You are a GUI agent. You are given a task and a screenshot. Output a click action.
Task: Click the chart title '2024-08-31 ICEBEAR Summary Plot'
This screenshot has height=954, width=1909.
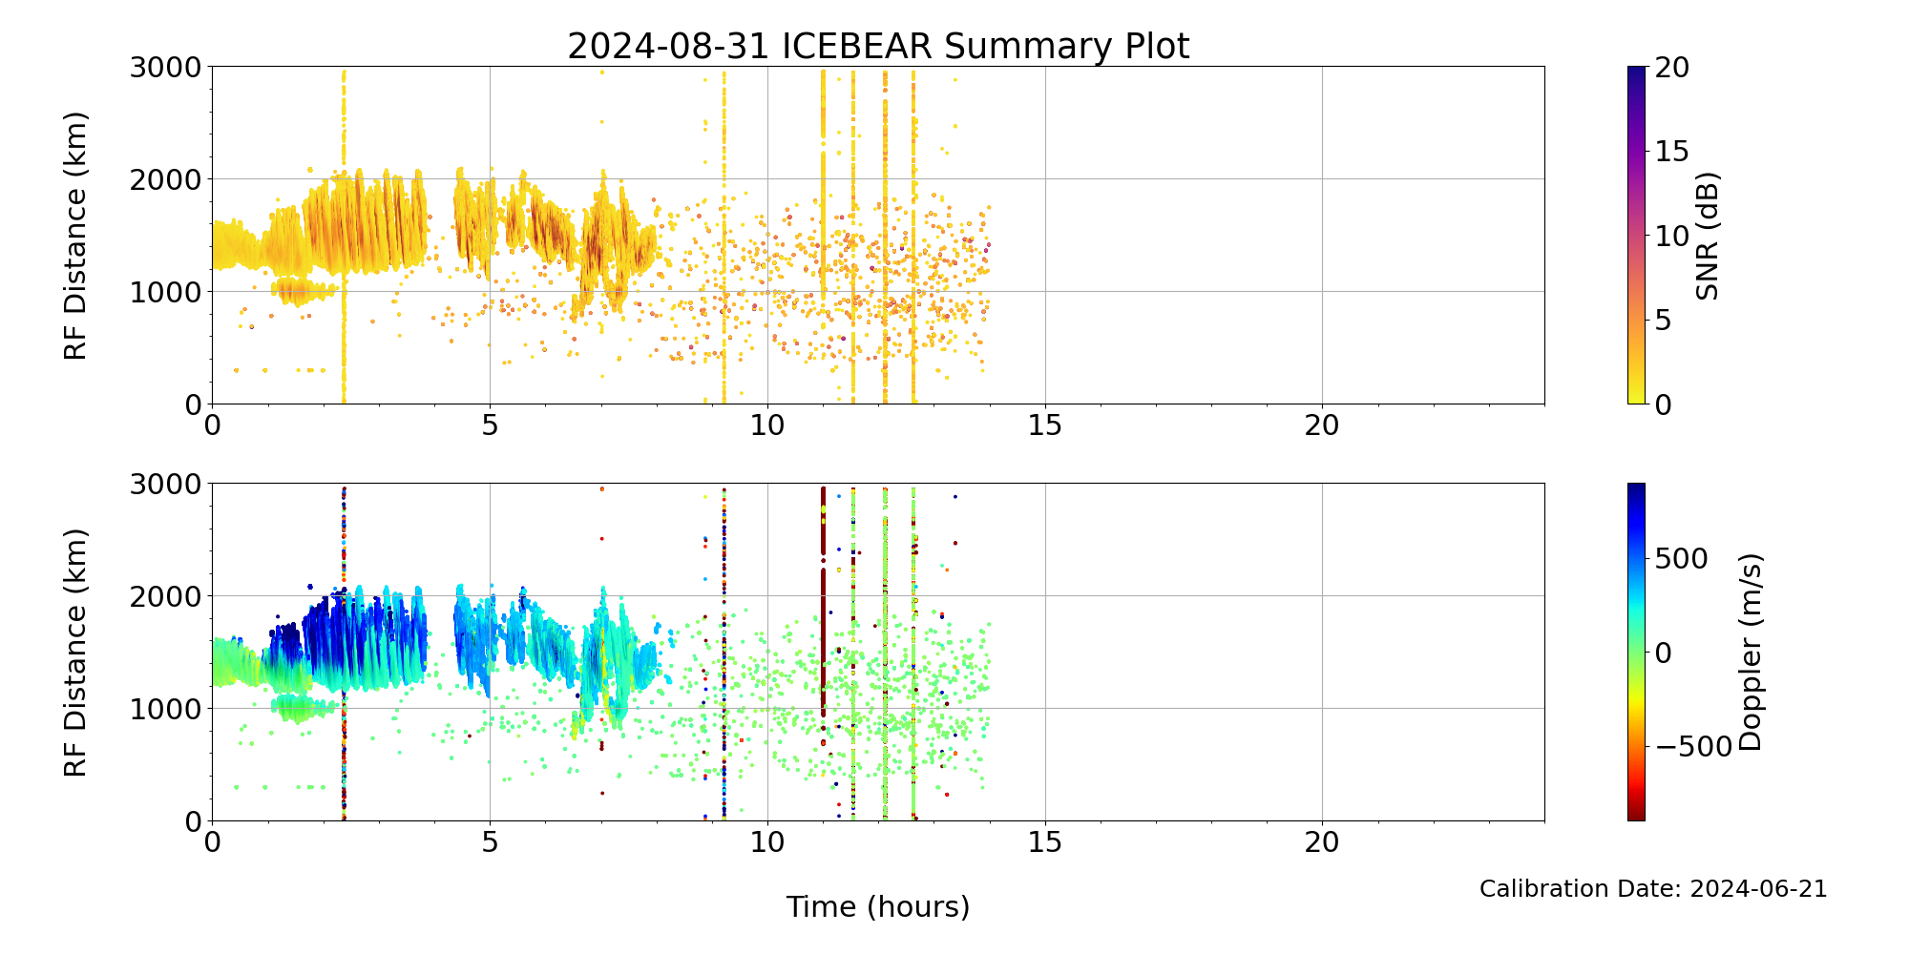tap(878, 46)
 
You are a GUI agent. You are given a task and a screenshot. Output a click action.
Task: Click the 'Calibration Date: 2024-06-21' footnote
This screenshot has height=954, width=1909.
tap(1652, 889)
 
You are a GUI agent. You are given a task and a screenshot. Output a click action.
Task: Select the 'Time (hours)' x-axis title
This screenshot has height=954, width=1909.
tap(878, 906)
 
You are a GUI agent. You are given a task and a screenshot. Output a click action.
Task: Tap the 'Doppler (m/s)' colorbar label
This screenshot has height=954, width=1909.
tap(1750, 653)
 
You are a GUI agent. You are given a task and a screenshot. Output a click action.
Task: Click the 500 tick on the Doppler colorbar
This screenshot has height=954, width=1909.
tap(1681, 559)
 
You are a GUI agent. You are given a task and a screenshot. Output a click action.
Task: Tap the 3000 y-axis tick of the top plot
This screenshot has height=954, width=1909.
tap(166, 67)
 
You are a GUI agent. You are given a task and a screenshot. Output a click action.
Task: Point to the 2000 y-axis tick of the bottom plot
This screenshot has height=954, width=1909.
tap(166, 596)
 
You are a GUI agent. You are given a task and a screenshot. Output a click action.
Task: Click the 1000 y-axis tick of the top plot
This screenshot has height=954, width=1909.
tap(166, 292)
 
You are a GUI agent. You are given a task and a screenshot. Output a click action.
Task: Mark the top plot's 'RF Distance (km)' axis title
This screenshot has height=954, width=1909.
tap(75, 236)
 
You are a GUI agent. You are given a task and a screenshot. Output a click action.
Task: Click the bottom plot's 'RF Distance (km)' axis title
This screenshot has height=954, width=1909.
tap(75, 653)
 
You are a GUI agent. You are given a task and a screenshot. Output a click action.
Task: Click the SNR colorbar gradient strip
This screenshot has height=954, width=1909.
tap(1636, 236)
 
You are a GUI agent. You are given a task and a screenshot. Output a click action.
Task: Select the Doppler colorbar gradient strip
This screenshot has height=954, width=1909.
tap(1636, 653)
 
